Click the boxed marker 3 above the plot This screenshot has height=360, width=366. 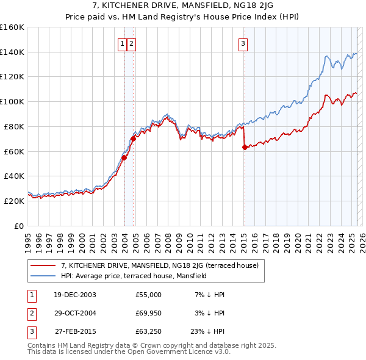243,43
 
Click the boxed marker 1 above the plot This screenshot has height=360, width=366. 123,43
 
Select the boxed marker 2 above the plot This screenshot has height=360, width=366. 132,43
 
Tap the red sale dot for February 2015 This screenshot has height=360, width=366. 244,147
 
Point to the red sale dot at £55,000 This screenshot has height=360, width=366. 124,157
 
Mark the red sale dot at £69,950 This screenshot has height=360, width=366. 133,139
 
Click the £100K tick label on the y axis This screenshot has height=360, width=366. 12,101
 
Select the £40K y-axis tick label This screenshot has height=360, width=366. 13,176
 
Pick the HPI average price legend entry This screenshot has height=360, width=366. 134,276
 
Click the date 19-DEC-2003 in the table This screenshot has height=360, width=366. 74,295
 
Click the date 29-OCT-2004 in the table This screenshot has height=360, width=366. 74,314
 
